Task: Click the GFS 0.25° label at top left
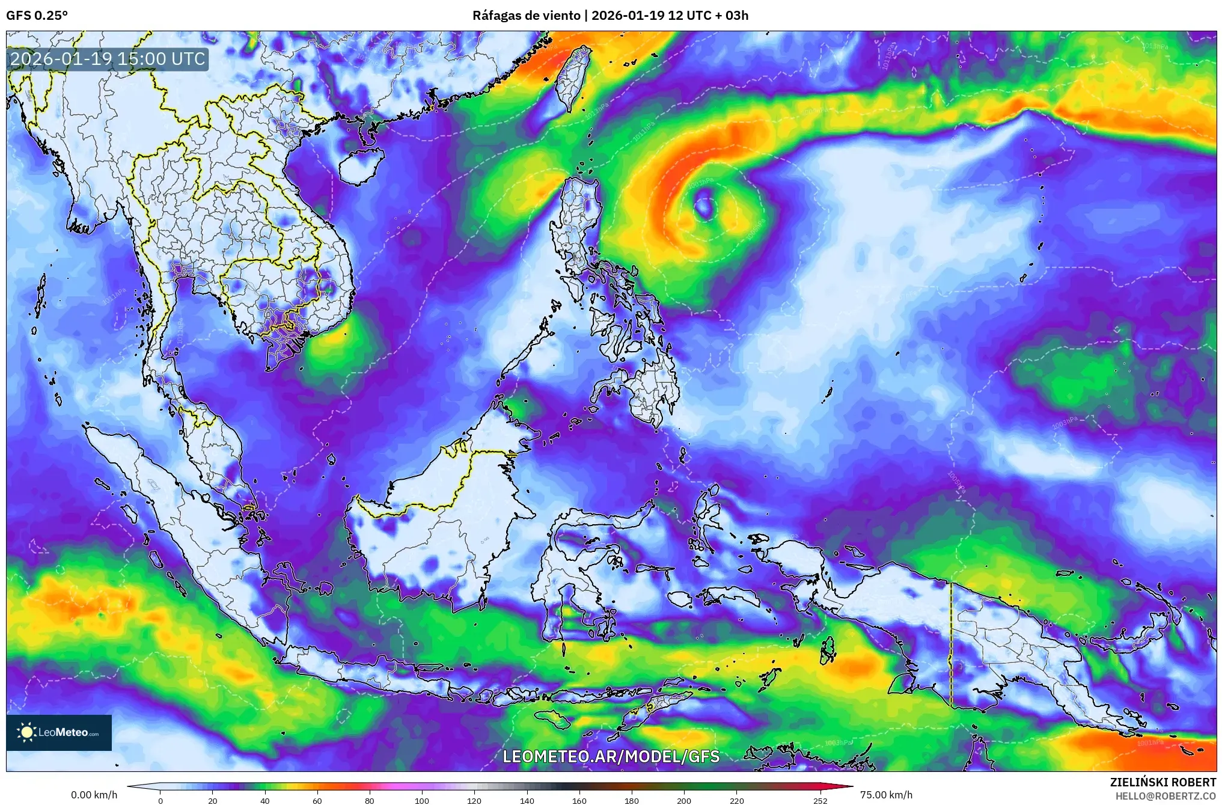[37, 15]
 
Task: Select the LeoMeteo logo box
[59, 732]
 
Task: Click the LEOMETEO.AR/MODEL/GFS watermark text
[611, 756]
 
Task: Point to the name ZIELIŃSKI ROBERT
[1162, 782]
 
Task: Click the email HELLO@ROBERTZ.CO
[1165, 796]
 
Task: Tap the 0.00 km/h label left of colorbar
[94, 795]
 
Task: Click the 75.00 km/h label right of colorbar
[886, 795]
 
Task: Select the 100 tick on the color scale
[422, 800]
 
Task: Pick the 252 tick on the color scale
[820, 800]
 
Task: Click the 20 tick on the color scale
[212, 800]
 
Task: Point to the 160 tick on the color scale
[579, 800]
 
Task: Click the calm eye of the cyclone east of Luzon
[703, 206]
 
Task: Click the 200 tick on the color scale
[684, 800]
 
